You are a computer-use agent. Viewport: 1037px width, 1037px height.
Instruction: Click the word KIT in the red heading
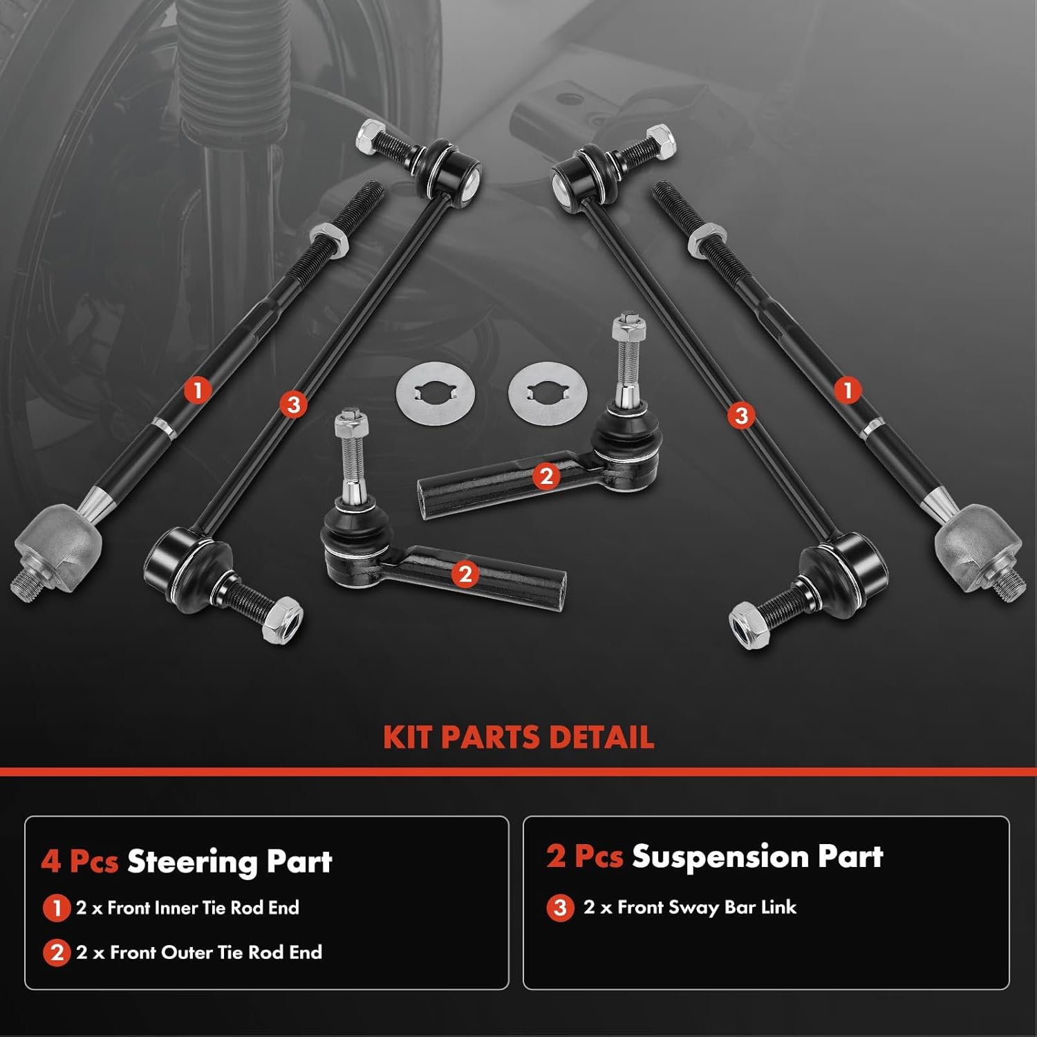[x=408, y=737]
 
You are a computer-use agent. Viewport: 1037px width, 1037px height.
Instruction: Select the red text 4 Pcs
[x=79, y=862]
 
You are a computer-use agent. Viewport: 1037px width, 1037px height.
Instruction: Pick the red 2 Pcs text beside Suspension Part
[x=584, y=857]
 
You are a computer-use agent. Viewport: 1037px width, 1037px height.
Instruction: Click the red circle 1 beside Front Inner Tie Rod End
[x=56, y=908]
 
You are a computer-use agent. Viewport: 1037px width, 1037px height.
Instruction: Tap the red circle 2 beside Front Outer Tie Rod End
[x=56, y=953]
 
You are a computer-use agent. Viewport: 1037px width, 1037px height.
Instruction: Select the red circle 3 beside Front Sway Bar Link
[x=560, y=908]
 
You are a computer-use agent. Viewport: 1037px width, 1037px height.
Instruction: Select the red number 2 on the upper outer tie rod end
[x=546, y=476]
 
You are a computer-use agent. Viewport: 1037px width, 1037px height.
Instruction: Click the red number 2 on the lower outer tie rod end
[x=465, y=574]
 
